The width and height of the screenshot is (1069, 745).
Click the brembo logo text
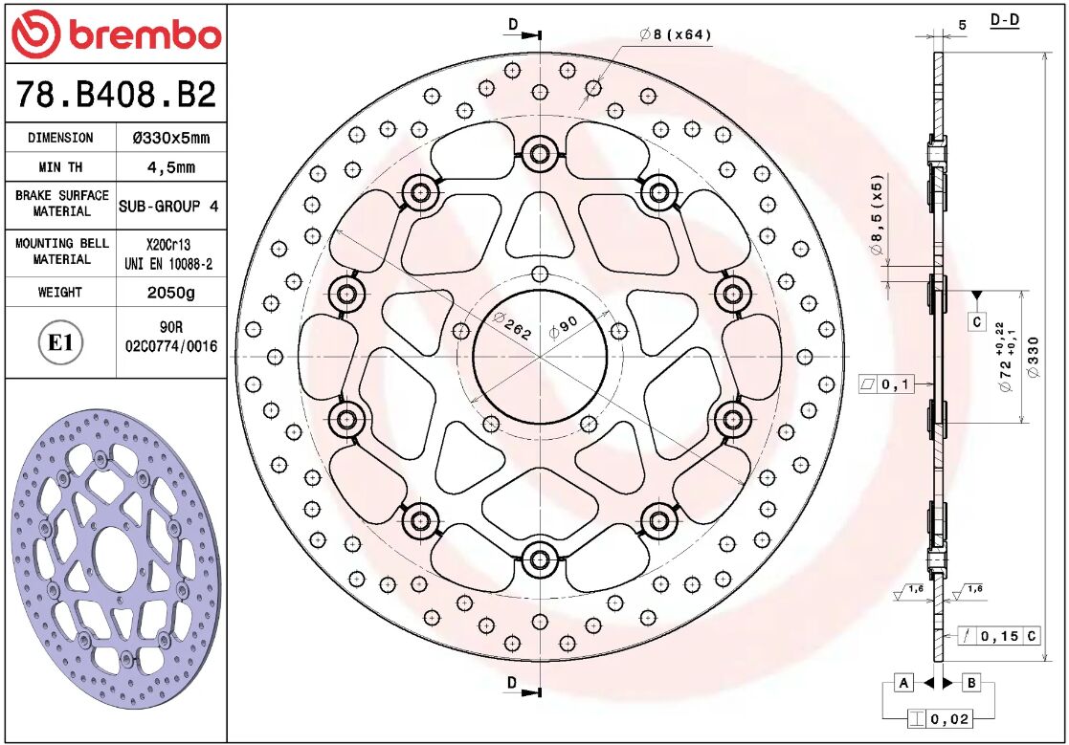(x=144, y=35)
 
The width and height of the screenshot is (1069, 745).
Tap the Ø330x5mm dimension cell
(x=170, y=138)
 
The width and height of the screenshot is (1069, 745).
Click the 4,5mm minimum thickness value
(x=170, y=167)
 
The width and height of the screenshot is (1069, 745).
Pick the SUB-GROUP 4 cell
(x=168, y=206)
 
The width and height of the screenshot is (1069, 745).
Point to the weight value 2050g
(x=170, y=293)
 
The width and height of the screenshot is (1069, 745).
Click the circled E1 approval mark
(x=61, y=342)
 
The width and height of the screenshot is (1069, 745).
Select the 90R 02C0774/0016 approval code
(x=170, y=336)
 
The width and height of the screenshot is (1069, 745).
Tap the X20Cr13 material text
(x=168, y=244)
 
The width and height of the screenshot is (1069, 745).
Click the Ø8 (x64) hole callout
(x=676, y=35)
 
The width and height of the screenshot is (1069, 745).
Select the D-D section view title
(x=1004, y=20)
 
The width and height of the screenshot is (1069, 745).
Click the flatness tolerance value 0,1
(x=896, y=384)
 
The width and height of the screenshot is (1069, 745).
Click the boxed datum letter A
(x=902, y=682)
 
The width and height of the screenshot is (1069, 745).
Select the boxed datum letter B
(x=970, y=682)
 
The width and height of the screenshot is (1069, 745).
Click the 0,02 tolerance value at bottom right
(x=948, y=717)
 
